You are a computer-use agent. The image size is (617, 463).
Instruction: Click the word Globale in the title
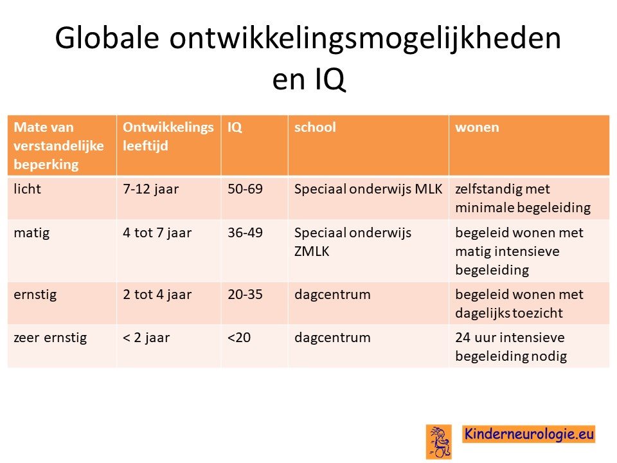coord(107,38)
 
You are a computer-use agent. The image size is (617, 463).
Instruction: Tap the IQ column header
coord(235,127)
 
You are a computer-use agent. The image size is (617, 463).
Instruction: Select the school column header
coord(315,127)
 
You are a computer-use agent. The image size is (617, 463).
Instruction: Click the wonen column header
coord(477,127)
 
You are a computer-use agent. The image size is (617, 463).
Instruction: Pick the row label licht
coord(27,188)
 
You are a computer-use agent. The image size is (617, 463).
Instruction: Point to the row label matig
coord(31,233)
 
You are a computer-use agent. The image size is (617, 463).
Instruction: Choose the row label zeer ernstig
coord(50,338)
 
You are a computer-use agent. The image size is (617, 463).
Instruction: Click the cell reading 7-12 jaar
coord(150,189)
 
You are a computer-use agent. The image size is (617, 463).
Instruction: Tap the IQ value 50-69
coord(245,188)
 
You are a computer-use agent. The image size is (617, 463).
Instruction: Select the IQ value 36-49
coord(245,232)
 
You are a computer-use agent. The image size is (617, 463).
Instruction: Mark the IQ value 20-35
coord(245,294)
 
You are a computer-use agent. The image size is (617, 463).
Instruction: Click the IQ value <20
coord(239,338)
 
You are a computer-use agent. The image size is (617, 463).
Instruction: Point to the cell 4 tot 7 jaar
coord(157,233)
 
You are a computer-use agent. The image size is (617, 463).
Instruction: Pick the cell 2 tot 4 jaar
coord(157,295)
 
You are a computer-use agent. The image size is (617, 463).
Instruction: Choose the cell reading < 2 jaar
coord(146,338)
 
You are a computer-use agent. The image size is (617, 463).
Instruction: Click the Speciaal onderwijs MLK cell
coord(368,189)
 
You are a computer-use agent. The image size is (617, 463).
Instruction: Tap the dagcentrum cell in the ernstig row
coord(332,295)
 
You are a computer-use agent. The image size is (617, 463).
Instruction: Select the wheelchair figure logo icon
coord(438,442)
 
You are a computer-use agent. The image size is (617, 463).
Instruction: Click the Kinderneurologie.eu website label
coord(528,434)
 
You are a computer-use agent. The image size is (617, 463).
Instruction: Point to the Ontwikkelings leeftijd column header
coord(168,136)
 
